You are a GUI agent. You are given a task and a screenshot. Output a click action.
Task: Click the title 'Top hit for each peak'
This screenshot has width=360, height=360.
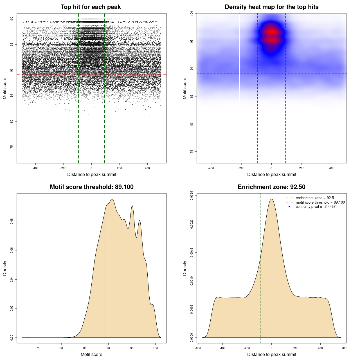tap(91, 7)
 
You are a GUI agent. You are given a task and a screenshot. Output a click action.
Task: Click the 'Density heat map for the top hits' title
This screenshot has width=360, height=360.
tap(271, 7)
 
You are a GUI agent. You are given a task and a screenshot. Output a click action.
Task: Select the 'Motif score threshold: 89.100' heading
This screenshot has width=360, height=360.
tap(91, 187)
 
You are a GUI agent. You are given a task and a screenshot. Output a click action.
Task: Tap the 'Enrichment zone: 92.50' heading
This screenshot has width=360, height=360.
tap(271, 187)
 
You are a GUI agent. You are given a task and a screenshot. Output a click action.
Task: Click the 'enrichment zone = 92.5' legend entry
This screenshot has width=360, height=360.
tap(315, 198)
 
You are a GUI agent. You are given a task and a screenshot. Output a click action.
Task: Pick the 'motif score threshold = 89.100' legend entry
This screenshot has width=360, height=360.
tap(320, 202)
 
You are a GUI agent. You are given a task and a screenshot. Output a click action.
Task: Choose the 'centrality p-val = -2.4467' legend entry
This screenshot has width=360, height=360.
tap(316, 207)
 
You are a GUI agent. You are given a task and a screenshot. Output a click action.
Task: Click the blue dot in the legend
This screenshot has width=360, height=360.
tap(289, 207)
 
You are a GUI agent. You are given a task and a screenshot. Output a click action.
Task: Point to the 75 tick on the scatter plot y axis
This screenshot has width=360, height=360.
tap(12, 147)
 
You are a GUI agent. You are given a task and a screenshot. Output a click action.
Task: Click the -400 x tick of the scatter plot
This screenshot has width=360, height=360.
tap(36, 168)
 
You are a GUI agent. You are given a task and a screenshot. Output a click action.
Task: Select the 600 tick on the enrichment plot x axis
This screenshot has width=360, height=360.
tap(345, 348)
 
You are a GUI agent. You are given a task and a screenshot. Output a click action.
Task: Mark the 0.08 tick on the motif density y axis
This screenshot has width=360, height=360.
tap(12, 221)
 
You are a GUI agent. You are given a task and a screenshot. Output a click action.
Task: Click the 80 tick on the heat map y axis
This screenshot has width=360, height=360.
tap(192, 124)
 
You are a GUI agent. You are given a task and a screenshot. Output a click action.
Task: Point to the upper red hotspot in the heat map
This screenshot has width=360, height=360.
tap(271, 32)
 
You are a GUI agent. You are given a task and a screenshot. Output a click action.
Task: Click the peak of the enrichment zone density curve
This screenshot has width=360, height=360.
tap(271, 199)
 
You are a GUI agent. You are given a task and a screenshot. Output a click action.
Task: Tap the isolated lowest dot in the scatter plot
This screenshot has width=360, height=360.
tap(85, 157)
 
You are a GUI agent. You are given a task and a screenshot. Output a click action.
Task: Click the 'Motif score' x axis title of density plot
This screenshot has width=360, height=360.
tap(91, 354)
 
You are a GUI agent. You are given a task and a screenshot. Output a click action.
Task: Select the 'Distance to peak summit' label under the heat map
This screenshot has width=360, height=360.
tap(271, 174)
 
